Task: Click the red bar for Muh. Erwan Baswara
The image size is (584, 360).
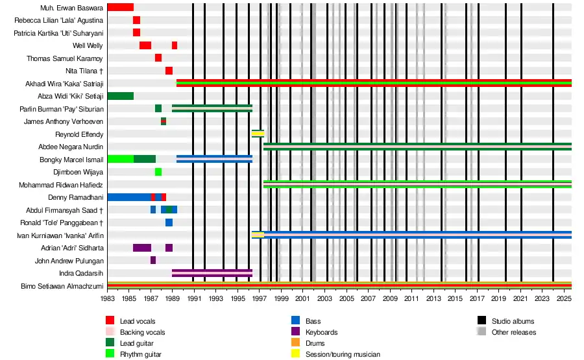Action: coord(120,7)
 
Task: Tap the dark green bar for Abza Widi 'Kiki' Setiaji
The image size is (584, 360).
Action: coord(120,96)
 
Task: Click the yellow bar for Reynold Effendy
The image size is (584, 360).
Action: coord(258,134)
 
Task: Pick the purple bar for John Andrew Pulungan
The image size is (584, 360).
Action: coord(153,260)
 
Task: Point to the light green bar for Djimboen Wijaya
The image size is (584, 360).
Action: coord(158,172)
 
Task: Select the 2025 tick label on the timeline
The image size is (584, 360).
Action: coord(563,298)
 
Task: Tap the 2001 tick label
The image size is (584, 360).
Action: coord(302,298)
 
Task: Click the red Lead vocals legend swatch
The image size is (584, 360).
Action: coord(110,321)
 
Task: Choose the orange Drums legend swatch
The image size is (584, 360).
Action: coord(295,343)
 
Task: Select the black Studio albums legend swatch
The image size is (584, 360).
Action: coord(481,321)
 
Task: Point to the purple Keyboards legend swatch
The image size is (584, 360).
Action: coord(295,332)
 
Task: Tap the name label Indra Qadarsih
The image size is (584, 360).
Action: coord(81,273)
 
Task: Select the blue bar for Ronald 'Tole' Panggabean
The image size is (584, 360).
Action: coord(169,222)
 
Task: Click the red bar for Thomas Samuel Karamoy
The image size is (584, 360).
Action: coord(158,58)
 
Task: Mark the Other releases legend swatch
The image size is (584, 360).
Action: coord(481,332)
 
